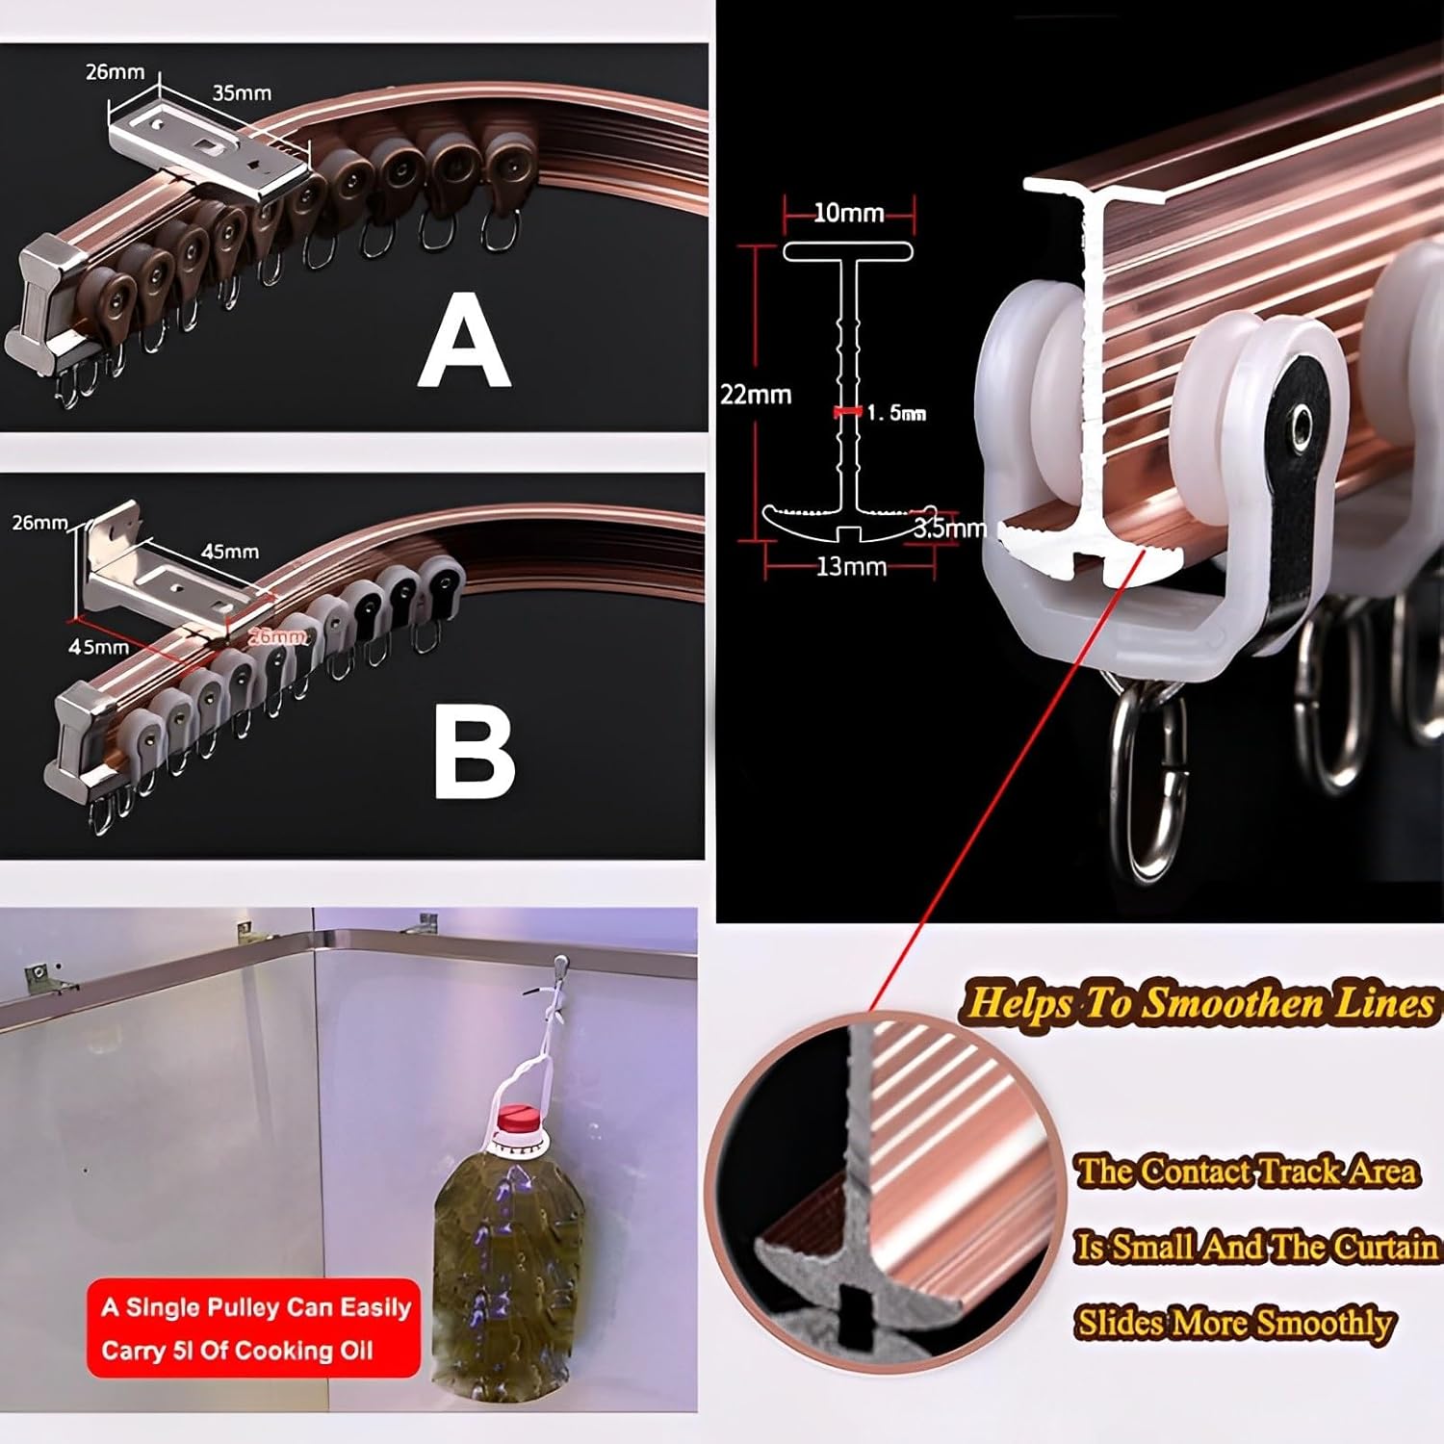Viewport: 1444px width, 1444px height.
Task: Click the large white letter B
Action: coord(474,756)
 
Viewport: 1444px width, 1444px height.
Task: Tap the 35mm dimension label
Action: coord(242,93)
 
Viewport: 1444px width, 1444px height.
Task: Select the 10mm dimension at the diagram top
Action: coord(848,213)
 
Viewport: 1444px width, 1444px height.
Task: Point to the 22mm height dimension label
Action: coord(756,395)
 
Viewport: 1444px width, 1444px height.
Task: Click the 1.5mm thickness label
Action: coord(896,413)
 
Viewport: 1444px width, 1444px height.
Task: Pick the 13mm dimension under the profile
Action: coord(851,567)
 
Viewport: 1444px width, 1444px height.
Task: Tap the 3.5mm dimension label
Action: coord(949,529)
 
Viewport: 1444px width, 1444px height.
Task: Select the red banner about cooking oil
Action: coord(254,1329)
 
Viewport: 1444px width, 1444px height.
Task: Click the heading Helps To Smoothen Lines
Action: coord(1199,1003)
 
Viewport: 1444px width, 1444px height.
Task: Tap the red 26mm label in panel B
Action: coord(278,636)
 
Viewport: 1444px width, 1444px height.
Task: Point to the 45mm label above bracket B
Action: coord(229,552)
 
